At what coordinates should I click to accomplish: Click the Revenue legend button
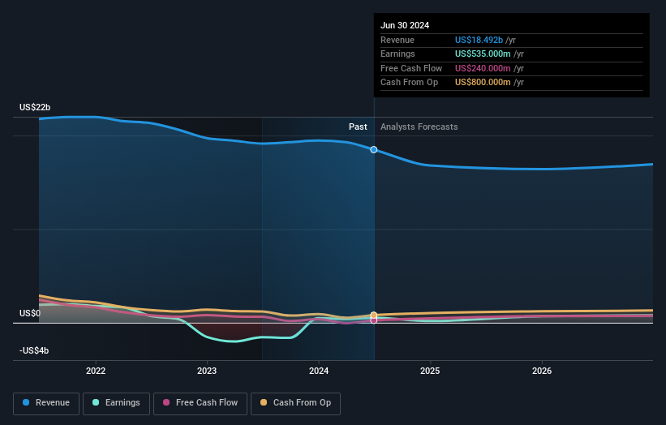46,403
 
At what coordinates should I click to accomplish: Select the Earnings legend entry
116,403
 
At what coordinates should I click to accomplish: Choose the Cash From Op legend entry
296,403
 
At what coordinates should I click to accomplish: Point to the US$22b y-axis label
35,108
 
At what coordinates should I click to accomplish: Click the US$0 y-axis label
31,313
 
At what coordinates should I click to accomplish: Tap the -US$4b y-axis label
34,350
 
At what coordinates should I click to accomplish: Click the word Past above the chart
358,127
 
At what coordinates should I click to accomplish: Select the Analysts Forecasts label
419,127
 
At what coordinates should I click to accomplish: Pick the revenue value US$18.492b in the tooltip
483,41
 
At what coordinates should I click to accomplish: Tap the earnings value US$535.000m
483,54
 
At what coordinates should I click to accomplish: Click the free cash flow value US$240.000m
483,68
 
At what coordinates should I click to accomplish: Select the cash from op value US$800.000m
483,82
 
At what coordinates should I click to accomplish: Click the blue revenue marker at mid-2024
374,149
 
